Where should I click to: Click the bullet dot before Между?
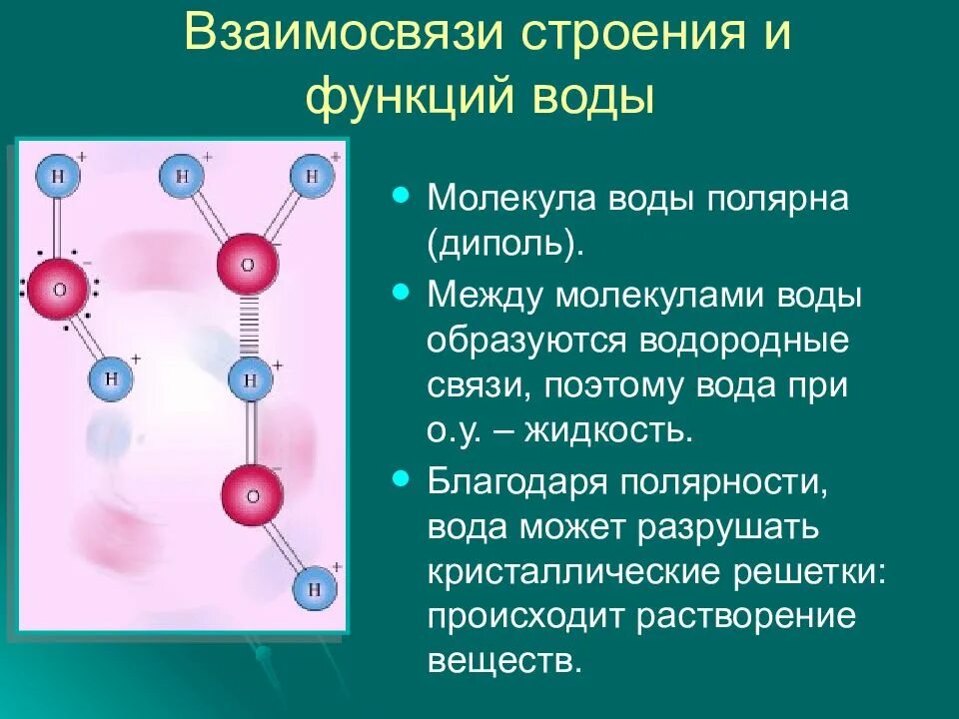(x=403, y=292)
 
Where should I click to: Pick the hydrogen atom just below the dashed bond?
(x=251, y=379)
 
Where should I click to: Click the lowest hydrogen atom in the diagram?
(x=314, y=588)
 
